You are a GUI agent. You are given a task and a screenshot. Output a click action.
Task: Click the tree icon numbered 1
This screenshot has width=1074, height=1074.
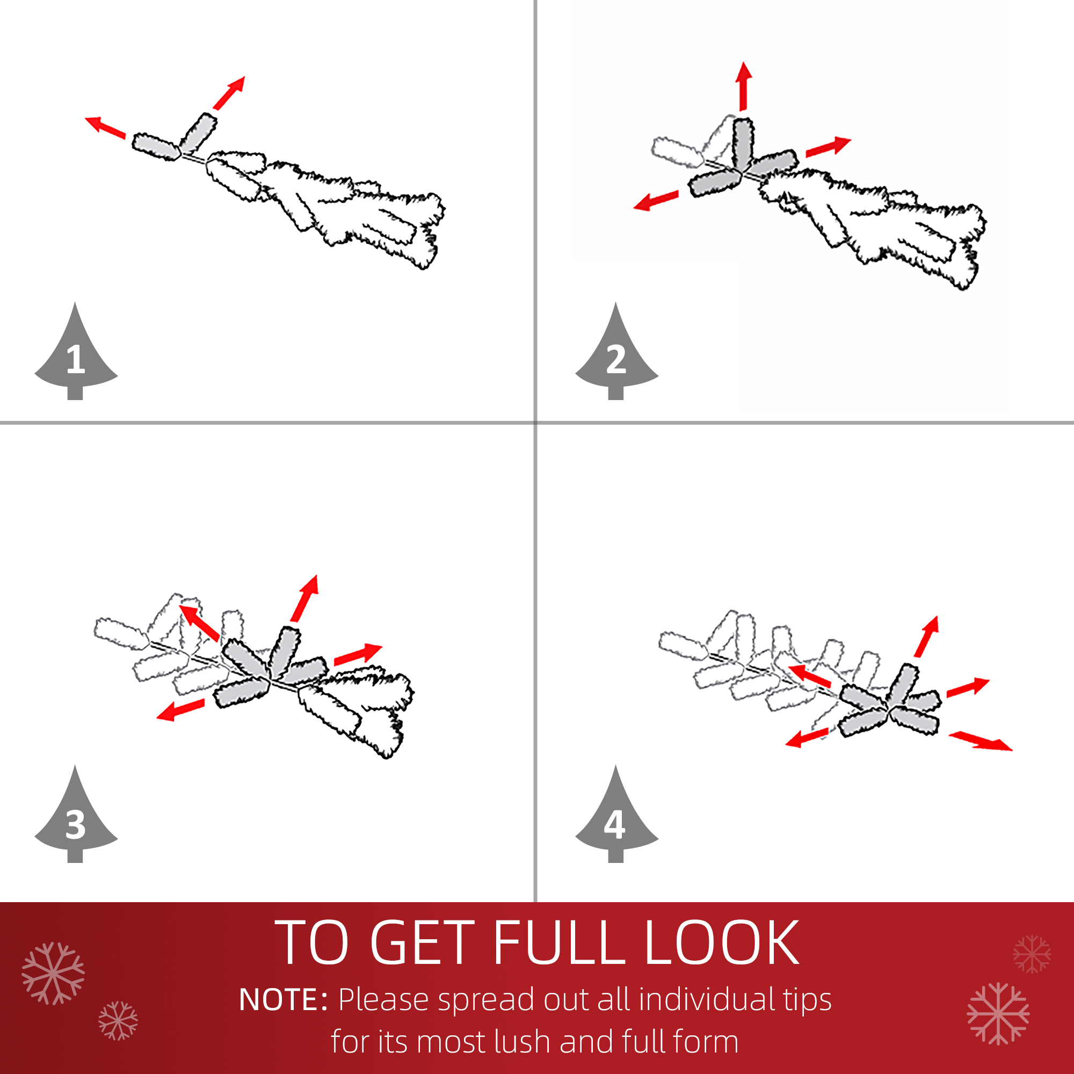click(x=76, y=356)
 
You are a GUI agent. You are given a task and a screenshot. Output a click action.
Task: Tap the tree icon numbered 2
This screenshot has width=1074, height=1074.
click(x=616, y=356)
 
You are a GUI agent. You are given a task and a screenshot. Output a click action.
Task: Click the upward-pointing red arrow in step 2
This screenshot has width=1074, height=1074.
click(x=743, y=86)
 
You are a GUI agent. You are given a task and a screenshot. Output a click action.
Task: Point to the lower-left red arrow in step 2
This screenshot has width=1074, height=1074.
click(x=656, y=201)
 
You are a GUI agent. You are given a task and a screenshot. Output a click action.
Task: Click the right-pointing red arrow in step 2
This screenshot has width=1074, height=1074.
click(x=828, y=146)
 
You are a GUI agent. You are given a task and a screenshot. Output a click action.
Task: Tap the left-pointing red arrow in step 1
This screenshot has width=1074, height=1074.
click(x=105, y=127)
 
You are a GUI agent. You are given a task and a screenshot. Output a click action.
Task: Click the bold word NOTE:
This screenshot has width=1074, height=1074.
click(x=283, y=1000)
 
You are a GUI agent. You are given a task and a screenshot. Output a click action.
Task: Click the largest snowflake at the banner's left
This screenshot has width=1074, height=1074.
click(x=53, y=974)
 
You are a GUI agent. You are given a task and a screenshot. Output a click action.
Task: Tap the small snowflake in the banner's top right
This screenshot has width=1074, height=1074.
click(x=1032, y=954)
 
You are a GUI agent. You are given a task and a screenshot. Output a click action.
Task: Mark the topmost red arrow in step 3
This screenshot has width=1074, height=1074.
click(x=304, y=598)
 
